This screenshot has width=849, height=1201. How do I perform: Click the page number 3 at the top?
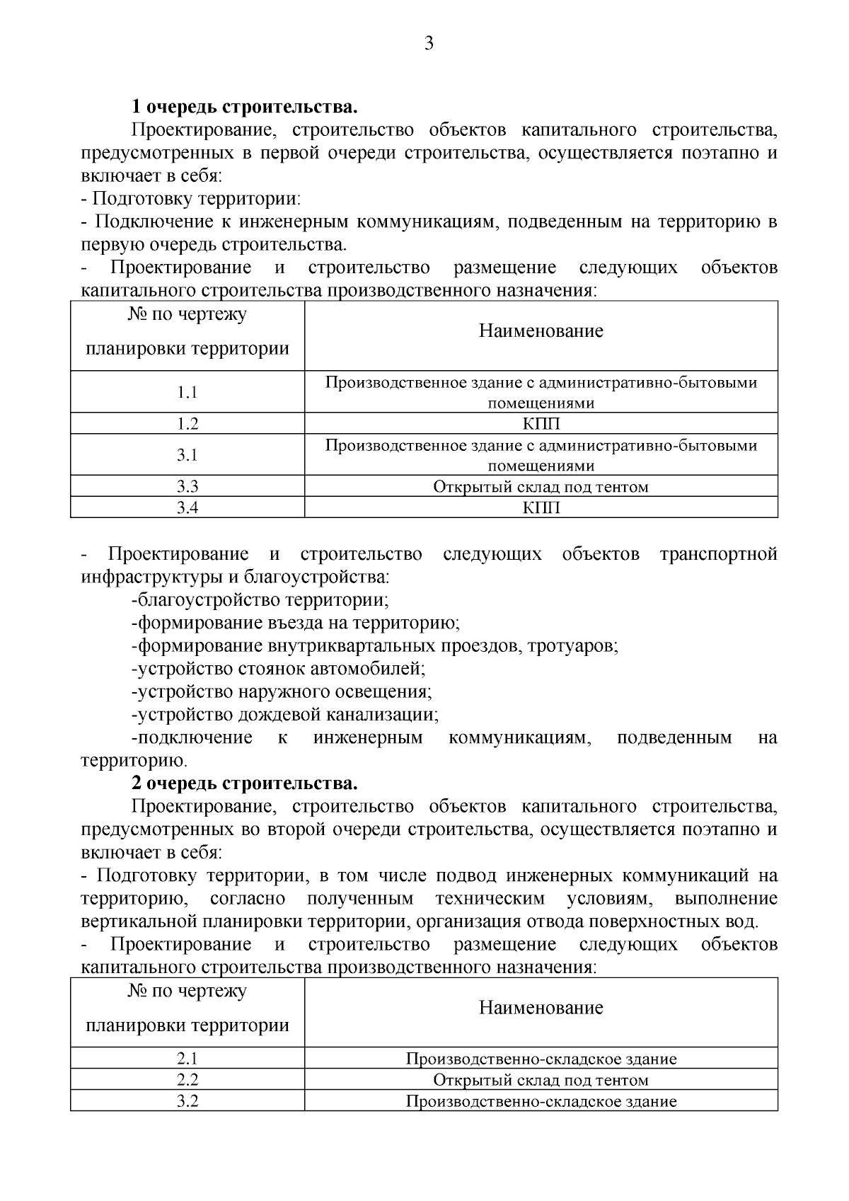[428, 44]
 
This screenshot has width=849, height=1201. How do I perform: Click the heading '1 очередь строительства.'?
[244, 108]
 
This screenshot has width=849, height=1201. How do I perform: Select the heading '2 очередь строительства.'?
[244, 784]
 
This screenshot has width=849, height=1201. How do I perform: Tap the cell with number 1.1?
[187, 392]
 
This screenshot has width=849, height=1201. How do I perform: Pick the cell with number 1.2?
[187, 424]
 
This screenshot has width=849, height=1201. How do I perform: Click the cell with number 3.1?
[187, 455]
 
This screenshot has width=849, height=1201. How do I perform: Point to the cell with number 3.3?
[187, 486]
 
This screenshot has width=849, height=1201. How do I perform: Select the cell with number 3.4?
[187, 507]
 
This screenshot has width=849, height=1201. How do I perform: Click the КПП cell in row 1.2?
[541, 424]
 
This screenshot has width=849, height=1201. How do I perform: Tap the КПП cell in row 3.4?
[541, 507]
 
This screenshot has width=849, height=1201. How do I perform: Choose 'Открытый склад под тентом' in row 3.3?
[541, 486]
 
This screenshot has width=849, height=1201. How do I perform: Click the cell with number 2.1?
[187, 1059]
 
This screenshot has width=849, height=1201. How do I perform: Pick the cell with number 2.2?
[187, 1080]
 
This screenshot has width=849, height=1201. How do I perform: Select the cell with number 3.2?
[187, 1101]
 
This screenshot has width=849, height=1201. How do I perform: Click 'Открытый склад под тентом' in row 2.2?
[541, 1080]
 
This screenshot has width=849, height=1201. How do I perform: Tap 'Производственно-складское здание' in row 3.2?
[541, 1101]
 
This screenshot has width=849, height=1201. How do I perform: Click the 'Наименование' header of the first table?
[541, 331]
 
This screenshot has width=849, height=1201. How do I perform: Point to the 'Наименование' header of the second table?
[541, 1008]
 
